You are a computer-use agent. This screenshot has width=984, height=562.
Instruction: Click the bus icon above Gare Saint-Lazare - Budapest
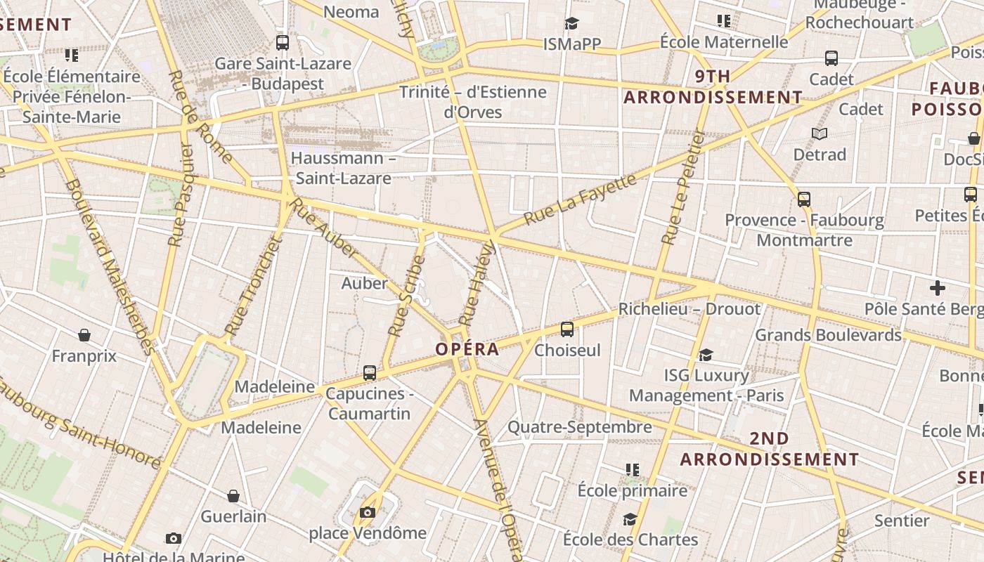pyautogui.click(x=283, y=42)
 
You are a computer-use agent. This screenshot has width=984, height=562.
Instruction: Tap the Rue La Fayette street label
pyautogui.click(x=580, y=200)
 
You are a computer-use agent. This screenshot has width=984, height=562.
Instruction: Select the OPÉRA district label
pyautogui.click(x=467, y=349)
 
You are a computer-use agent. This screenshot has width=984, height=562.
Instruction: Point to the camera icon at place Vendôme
pyautogui.click(x=367, y=512)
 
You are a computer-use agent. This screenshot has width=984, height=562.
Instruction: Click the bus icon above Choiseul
pyautogui.click(x=567, y=329)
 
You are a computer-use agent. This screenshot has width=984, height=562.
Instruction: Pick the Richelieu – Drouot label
pyautogui.click(x=689, y=309)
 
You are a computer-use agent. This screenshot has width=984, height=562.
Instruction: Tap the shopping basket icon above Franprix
pyautogui.click(x=84, y=335)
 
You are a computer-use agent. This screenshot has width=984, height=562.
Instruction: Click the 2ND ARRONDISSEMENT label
pyautogui.click(x=769, y=449)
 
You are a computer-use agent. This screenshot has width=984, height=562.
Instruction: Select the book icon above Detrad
pyautogui.click(x=819, y=133)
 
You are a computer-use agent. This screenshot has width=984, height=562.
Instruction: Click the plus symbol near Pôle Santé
pyautogui.click(x=937, y=288)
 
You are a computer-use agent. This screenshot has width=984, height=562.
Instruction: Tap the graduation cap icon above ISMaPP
pyautogui.click(x=571, y=24)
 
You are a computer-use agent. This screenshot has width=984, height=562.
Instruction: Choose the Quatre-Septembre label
pyautogui.click(x=579, y=427)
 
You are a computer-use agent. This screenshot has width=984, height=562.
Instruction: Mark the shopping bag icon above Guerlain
pyautogui.click(x=233, y=496)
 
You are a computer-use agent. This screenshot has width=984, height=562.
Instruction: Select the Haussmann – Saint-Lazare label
pyautogui.click(x=343, y=168)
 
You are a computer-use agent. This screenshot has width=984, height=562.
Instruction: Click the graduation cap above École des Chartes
pyautogui.click(x=630, y=519)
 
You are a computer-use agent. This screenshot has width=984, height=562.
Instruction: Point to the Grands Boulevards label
pyautogui.click(x=828, y=335)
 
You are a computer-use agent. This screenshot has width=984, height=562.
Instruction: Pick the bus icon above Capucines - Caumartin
pyautogui.click(x=369, y=373)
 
